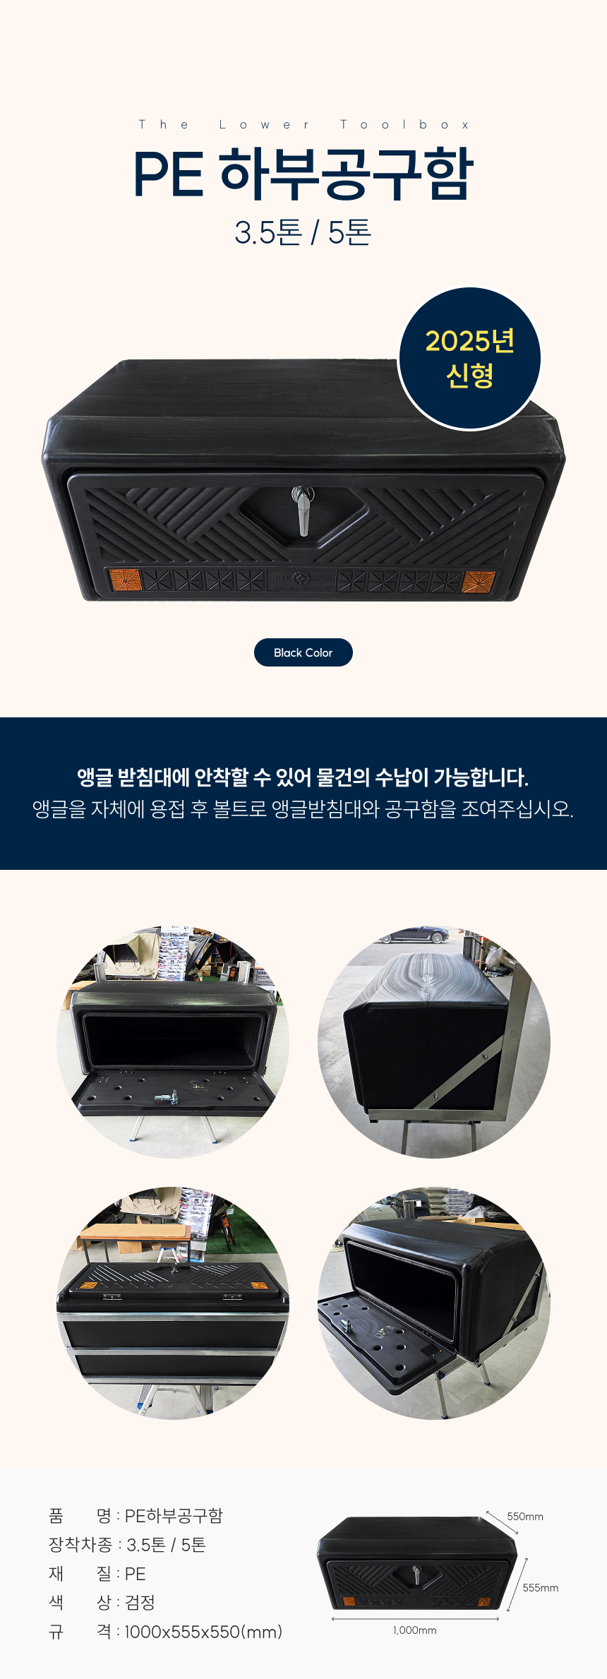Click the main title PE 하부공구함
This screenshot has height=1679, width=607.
[303, 174]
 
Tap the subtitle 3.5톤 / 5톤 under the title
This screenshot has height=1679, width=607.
[303, 232]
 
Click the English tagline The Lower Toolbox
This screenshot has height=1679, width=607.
[303, 125]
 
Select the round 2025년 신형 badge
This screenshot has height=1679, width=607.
[470, 358]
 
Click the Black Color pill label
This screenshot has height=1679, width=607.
[303, 652]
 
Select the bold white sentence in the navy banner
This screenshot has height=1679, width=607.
[303, 777]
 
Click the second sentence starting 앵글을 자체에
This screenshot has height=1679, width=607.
[303, 808]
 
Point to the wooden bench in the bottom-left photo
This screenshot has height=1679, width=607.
[134, 1235]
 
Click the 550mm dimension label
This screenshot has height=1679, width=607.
[525, 1516]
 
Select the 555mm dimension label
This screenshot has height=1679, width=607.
[541, 1587]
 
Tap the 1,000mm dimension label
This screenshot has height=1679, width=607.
[415, 1630]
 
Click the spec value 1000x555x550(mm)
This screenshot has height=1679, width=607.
[203, 1632]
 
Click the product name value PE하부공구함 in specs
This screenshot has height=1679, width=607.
[174, 1515]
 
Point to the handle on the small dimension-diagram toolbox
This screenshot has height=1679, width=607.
[416, 1574]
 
